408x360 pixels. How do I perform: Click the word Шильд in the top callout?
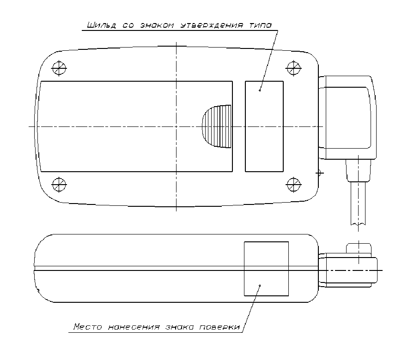101,25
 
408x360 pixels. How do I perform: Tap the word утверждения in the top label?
212,25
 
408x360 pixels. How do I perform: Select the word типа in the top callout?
261,25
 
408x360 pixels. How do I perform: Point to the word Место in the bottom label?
88,326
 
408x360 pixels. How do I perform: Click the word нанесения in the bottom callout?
134,327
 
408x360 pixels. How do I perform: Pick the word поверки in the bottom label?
219,327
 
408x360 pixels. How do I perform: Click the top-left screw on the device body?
59,68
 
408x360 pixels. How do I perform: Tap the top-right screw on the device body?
293,68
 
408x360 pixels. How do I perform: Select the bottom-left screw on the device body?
59,185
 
